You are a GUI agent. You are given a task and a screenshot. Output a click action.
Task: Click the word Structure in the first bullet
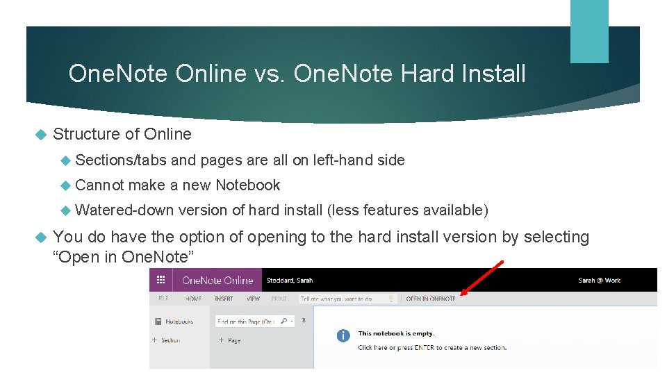pos(88,134)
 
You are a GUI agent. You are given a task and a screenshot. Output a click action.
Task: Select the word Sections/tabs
pos(120,160)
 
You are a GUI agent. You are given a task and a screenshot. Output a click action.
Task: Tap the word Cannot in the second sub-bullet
pos(99,185)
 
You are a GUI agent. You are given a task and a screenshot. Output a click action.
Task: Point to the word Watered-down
pos(124,210)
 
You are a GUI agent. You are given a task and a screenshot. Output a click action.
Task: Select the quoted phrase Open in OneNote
pos(124,257)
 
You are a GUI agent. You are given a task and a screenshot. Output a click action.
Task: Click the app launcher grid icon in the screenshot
pos(161,280)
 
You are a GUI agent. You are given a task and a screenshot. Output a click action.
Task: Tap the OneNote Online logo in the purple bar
pos(217,280)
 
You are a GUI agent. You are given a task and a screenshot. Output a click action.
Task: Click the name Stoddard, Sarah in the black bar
pos(290,281)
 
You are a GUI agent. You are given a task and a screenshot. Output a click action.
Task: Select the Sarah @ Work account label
pos(599,281)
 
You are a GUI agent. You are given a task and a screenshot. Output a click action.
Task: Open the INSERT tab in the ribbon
pos(224,299)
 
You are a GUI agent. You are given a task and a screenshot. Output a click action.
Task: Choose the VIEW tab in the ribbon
pos(253,299)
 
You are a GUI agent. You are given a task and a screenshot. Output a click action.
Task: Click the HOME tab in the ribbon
pos(193,299)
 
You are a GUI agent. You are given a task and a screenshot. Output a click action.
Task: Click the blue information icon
pos(343,336)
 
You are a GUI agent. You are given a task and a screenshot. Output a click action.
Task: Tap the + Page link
pos(230,340)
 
